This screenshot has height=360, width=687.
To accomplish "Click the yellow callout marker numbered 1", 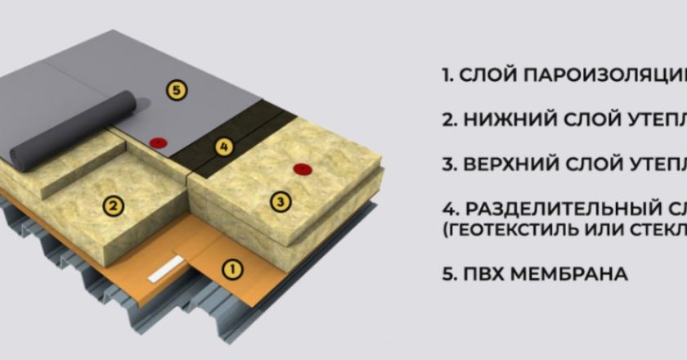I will pos(232,268).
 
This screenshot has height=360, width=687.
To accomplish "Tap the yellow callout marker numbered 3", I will pos(281,201).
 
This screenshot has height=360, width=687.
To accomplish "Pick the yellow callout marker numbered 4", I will pos(225,147).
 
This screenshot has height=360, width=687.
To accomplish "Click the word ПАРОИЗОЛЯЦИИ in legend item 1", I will pos(609,76).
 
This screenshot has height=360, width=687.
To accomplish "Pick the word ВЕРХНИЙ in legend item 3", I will pos(513,163).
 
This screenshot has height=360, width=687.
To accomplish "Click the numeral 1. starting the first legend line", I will pos(447,76).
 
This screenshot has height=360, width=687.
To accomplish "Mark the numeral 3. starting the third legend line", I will pos(449,163).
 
